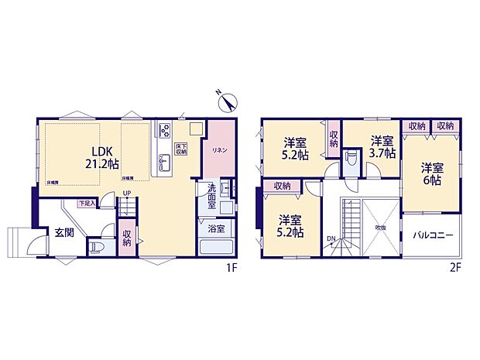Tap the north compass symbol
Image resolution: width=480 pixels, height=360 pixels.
point(227,99)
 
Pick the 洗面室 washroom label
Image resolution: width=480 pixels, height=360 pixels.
point(212,192)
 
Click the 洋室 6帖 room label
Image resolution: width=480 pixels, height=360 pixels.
point(433,172)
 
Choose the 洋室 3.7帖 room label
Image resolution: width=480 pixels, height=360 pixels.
point(382,146)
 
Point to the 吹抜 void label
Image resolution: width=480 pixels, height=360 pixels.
point(380,228)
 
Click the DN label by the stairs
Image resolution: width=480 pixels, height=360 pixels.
point(331,238)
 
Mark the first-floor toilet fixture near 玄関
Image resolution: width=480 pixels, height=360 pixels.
point(95,247)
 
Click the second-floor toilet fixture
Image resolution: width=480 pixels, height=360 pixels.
point(350,160)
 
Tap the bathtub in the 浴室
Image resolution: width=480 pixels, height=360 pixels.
point(216,249)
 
